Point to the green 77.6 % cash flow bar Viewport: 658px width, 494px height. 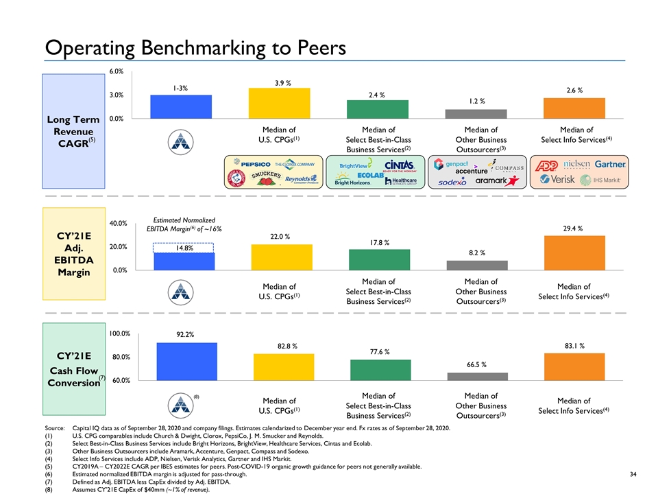tap(380, 369)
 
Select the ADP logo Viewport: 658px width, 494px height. tap(546, 165)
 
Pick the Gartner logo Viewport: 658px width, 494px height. tap(610, 165)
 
